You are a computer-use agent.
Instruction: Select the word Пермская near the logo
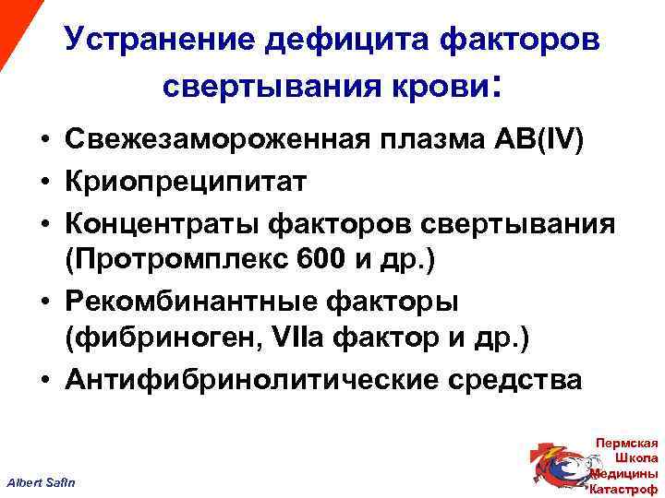click(x=628, y=444)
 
